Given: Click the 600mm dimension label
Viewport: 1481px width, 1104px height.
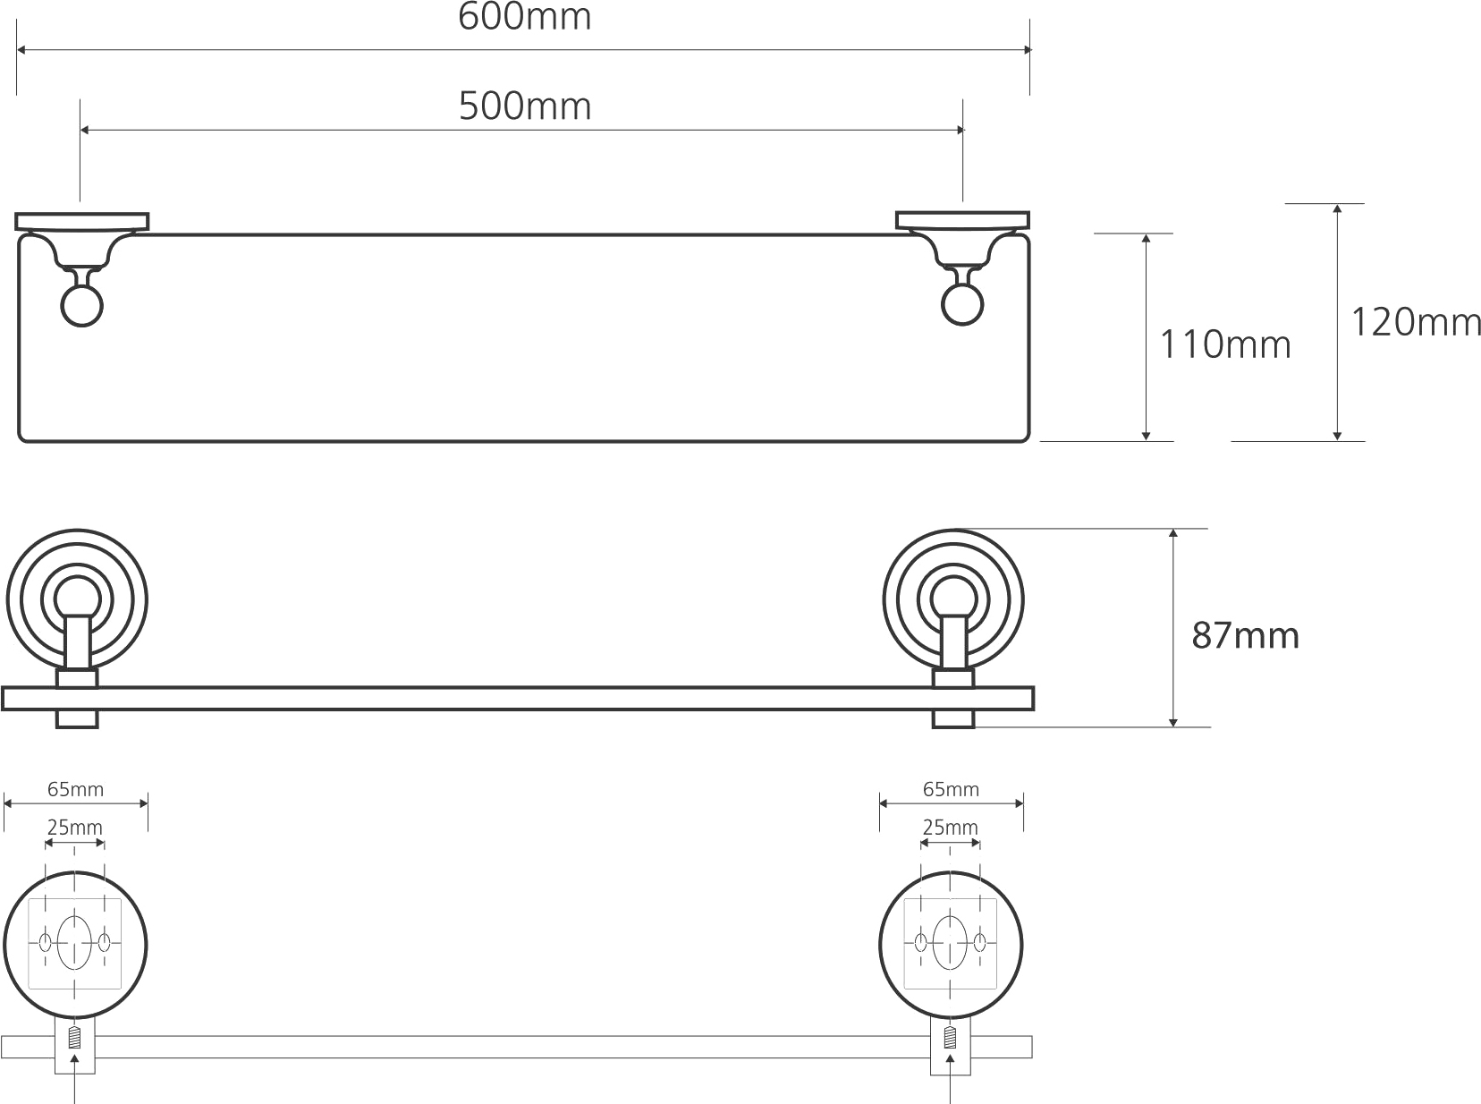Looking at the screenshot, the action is click(524, 17).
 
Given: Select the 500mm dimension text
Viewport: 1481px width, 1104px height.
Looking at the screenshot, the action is click(525, 106).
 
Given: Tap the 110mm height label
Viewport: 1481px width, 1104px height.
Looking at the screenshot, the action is click(1225, 344).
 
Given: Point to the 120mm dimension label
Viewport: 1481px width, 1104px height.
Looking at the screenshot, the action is click(1417, 322).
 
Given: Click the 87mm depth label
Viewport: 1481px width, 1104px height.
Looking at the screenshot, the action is click(1245, 635).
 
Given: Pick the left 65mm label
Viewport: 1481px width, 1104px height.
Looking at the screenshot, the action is click(75, 790).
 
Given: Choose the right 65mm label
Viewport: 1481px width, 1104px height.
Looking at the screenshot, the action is click(951, 790).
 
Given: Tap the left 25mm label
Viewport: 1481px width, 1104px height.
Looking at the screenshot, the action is click(75, 828).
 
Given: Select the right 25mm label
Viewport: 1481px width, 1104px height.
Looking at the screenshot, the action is click(950, 828).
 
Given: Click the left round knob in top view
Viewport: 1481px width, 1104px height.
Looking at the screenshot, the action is click(81, 306).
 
